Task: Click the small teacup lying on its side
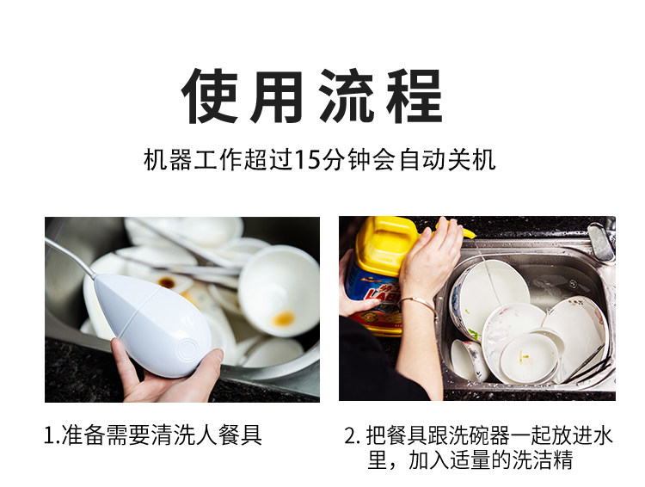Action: [x=470, y=361]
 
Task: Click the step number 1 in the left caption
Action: [x=49, y=435]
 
